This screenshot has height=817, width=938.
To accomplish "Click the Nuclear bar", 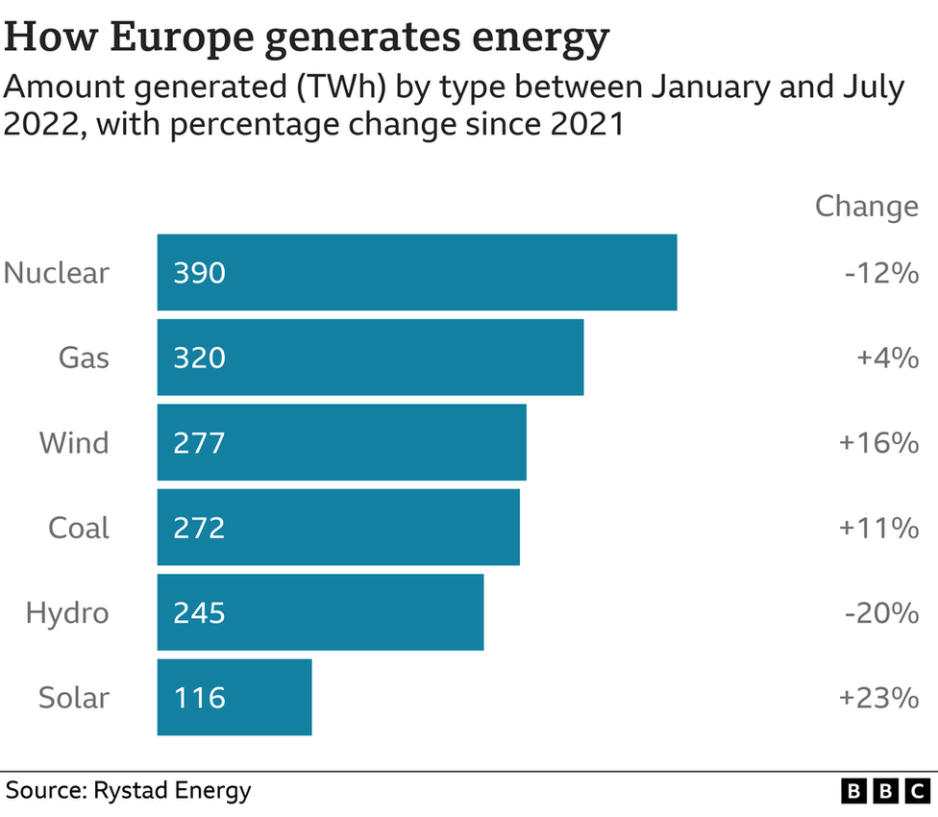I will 417,272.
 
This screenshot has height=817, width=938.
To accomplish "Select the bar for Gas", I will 370,358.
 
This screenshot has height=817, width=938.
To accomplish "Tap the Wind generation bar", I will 341,442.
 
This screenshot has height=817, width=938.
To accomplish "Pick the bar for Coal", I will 338,528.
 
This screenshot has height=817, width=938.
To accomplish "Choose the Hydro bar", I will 320,612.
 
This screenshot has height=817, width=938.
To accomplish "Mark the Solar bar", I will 234,697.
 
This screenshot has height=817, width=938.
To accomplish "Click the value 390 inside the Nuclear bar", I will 199,273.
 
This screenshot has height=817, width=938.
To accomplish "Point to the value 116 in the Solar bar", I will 199,698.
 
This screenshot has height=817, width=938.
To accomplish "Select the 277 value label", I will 199,443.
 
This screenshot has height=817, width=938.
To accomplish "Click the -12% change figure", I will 881,273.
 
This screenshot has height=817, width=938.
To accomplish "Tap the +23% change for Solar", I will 878,698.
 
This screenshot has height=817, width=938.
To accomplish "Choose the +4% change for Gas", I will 887,359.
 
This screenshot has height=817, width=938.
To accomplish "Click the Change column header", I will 866,206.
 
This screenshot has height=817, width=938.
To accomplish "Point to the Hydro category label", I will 67,613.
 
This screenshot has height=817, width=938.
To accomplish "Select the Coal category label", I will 79,528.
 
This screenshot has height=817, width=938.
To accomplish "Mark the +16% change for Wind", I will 878,443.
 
